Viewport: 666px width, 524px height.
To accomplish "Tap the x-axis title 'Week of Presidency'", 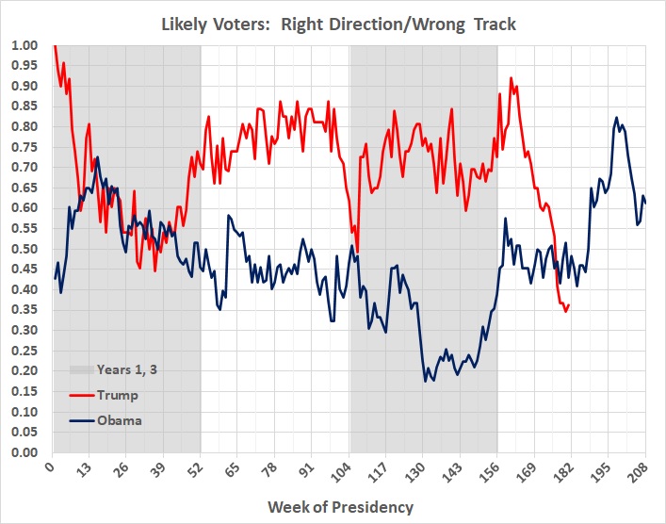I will tap(340, 507).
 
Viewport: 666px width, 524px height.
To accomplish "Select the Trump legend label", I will tap(117, 395).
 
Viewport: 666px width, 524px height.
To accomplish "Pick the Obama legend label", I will tap(120, 420).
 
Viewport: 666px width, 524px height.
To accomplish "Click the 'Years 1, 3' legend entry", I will tap(127, 369).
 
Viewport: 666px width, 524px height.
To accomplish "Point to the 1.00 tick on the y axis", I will tap(25, 45).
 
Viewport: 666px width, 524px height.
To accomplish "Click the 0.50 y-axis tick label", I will tap(25, 249).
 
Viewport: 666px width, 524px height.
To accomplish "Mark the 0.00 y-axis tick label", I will tap(25, 452).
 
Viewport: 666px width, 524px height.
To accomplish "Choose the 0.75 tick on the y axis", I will tap(25, 147).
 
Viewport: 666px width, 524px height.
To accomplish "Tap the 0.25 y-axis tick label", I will tap(25, 351).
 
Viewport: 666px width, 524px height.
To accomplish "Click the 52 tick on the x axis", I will tap(200, 468).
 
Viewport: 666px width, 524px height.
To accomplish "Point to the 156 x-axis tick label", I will tap(497, 468).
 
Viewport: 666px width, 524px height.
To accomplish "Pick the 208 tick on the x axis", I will tap(645, 468).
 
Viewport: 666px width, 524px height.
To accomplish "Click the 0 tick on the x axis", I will tap(51, 468).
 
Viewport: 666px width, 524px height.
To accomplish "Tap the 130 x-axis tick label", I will tap(423, 468).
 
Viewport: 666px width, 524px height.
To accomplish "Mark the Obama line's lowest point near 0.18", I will tap(426, 381).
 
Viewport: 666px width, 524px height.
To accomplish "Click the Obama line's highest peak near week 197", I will tap(617, 118).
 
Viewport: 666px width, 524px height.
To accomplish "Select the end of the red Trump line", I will tap(568, 304).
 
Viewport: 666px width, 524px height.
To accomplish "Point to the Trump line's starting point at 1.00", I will tap(54, 45).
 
